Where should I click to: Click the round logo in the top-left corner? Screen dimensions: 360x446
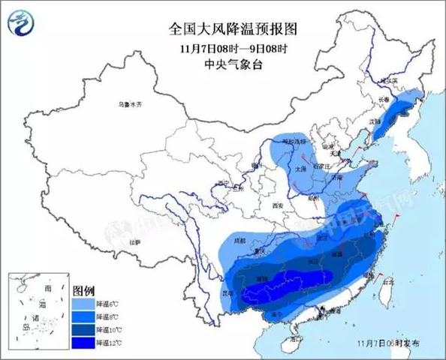tap(22, 23)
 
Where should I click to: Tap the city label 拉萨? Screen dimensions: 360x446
tap(135, 242)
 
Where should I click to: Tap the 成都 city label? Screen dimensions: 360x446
tap(239, 241)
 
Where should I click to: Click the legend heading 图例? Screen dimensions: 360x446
tap(83, 289)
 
